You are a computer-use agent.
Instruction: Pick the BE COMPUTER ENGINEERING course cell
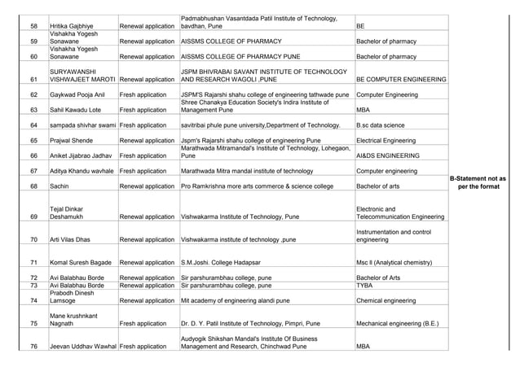point(400,80)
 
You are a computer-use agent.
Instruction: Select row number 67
point(33,171)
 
